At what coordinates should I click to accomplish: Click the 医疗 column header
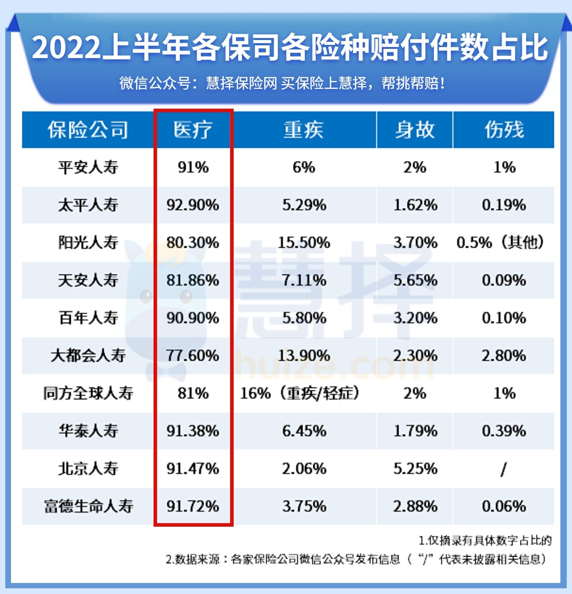193,130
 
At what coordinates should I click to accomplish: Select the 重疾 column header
304,130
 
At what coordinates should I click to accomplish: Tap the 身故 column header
414,130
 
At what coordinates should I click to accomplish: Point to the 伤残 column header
504,130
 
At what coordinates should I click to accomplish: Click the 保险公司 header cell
88,130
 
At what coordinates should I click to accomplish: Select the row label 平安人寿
88,167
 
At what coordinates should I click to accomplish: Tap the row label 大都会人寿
88,356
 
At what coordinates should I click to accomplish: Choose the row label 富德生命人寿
88,506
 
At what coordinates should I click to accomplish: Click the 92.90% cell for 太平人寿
193,205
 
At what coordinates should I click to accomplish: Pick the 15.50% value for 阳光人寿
304,242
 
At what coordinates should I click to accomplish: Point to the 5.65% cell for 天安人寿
415,280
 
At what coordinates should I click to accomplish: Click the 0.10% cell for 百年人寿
504,318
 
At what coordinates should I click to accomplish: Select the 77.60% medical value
193,356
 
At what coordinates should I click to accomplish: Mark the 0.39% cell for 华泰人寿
504,431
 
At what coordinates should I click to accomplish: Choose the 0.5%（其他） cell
501,242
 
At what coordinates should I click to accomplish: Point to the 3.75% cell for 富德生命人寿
304,506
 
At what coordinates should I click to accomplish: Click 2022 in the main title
66,48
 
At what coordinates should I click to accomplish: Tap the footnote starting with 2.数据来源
356,559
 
